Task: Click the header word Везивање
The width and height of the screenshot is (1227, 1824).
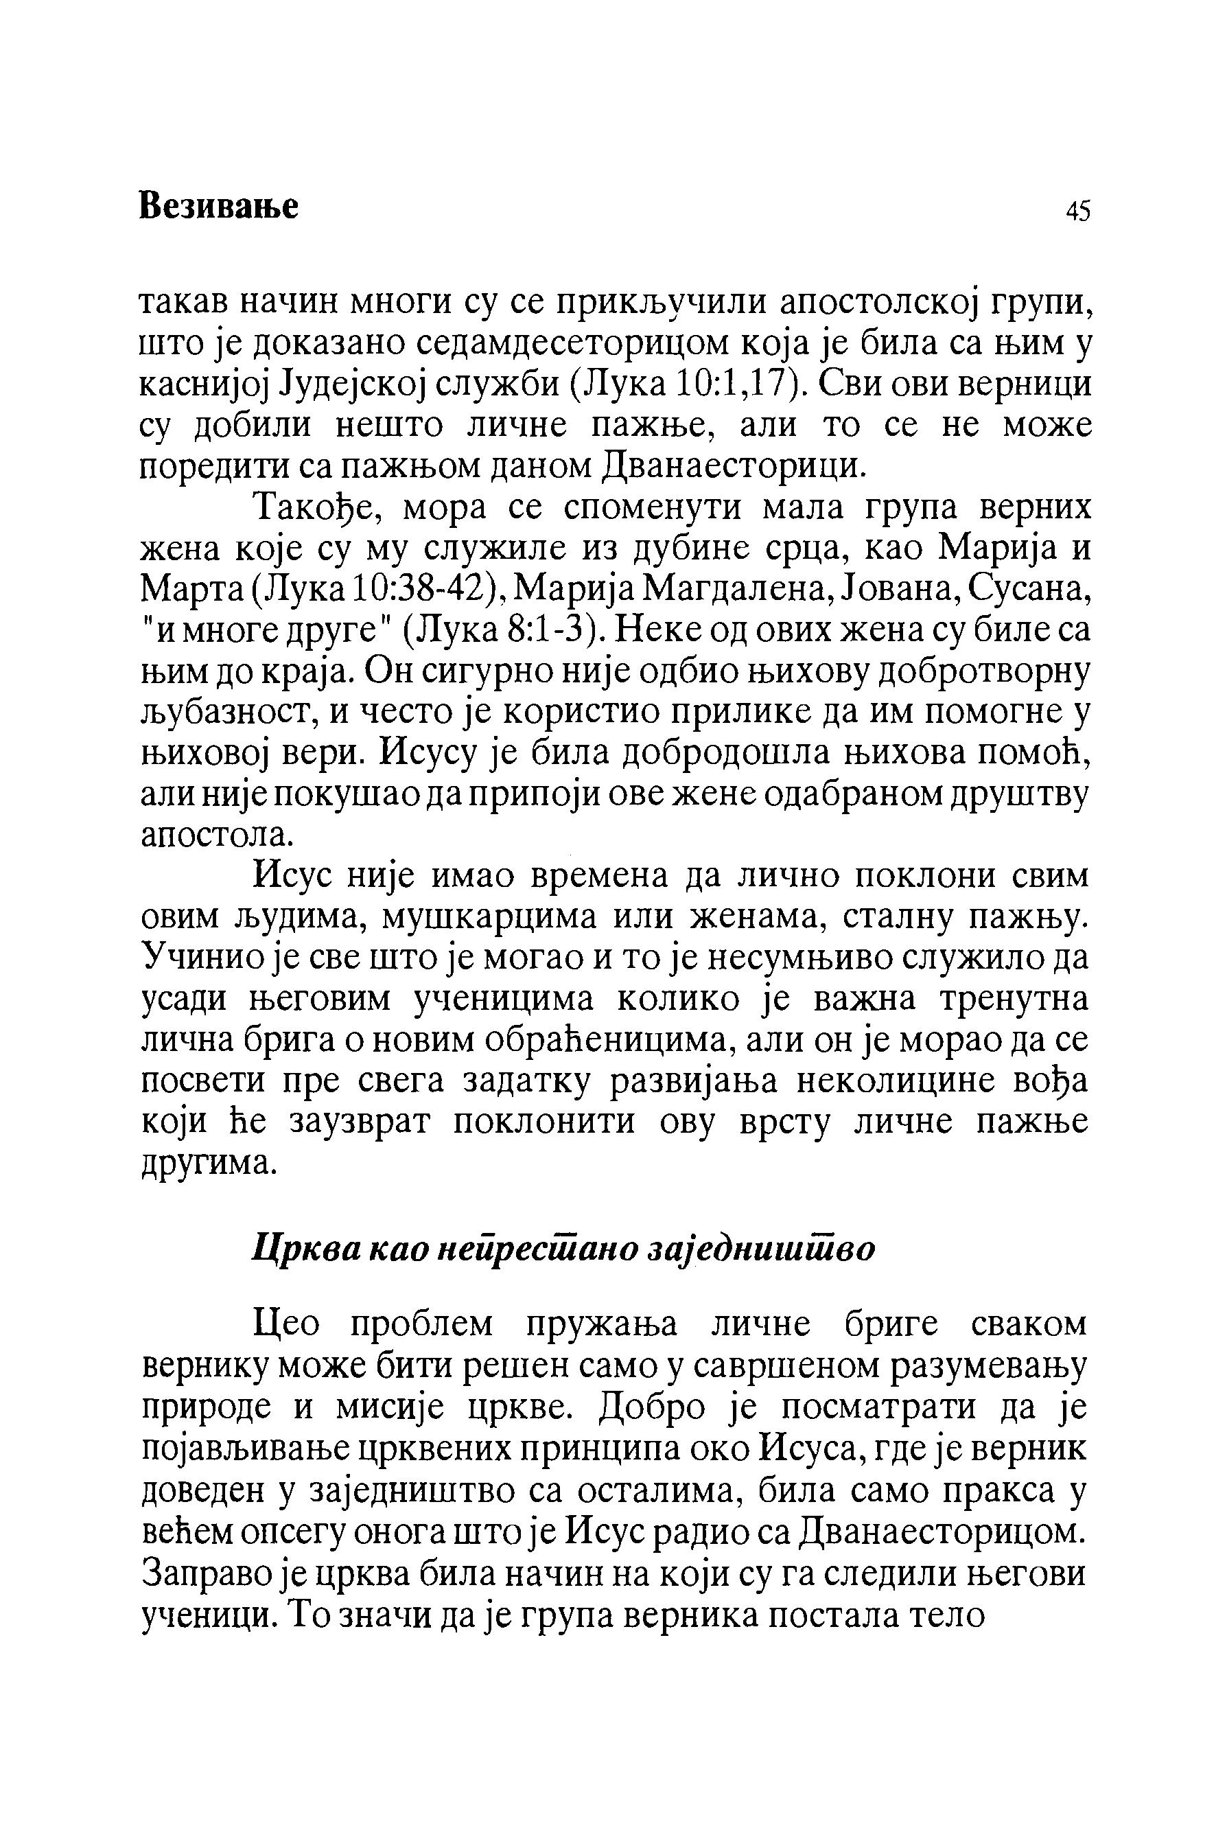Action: [218, 207]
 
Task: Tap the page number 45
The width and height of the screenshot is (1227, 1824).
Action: [1077, 211]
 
